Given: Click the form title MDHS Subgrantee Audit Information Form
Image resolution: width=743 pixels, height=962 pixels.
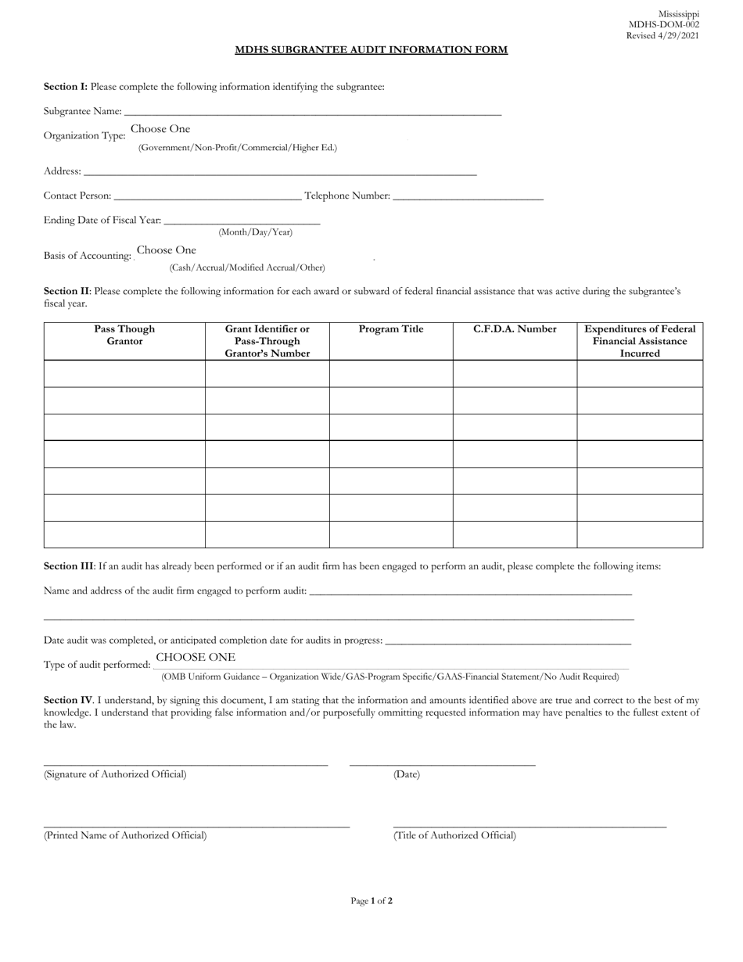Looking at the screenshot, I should [371, 50].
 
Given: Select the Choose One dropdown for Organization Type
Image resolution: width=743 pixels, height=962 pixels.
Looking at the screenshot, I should [160, 129].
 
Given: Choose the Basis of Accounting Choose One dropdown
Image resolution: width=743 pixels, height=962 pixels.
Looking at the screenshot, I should [167, 250].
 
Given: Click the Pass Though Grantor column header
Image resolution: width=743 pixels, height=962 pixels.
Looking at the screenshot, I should [124, 335].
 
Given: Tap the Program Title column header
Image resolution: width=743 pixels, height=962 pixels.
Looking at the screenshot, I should [391, 329].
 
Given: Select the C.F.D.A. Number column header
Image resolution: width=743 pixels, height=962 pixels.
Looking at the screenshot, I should [515, 329].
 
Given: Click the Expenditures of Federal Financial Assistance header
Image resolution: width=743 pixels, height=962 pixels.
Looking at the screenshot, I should [640, 341].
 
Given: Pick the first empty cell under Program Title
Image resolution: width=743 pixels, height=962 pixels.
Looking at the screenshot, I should [391, 374].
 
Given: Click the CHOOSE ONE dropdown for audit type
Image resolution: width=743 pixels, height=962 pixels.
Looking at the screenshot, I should [196, 658].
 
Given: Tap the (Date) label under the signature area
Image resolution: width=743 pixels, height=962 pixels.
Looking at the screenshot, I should [406, 774].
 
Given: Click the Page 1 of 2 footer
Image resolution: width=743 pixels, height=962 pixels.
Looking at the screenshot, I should [371, 901].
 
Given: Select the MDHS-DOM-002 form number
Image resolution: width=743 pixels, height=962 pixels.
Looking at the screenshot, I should [664, 25].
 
